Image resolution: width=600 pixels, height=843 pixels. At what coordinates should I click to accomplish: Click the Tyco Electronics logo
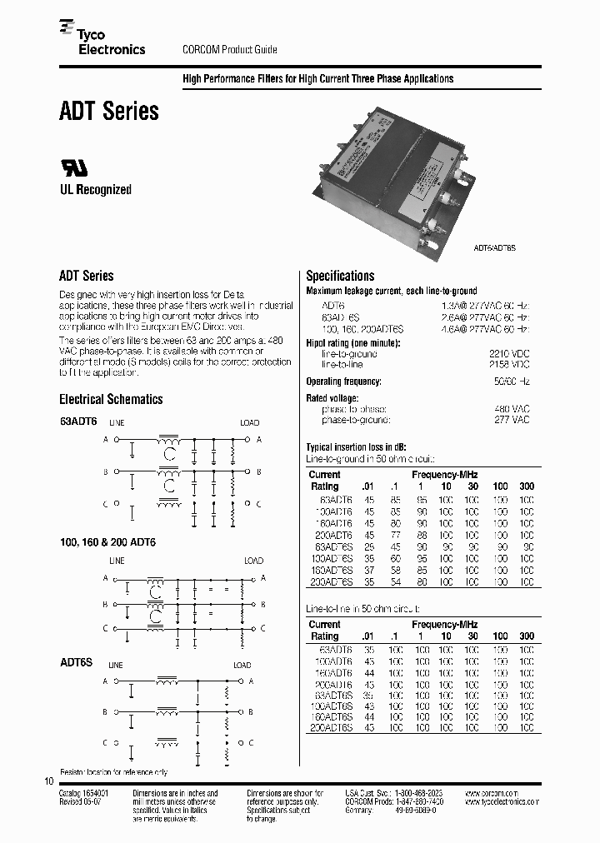pyautogui.click(x=102, y=42)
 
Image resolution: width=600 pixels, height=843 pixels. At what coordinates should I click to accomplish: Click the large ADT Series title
pyautogui.click(x=108, y=111)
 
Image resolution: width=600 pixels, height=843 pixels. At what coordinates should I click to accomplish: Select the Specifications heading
pyautogui.click(x=340, y=276)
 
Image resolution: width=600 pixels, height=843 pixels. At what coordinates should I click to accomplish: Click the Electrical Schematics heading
pyautogui.click(x=111, y=399)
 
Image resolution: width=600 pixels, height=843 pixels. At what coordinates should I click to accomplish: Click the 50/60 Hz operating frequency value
pyautogui.click(x=512, y=382)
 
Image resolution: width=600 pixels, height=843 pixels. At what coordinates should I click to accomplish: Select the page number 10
pyautogui.click(x=47, y=781)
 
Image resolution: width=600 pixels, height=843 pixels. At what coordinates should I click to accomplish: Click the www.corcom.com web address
pyautogui.click(x=491, y=794)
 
